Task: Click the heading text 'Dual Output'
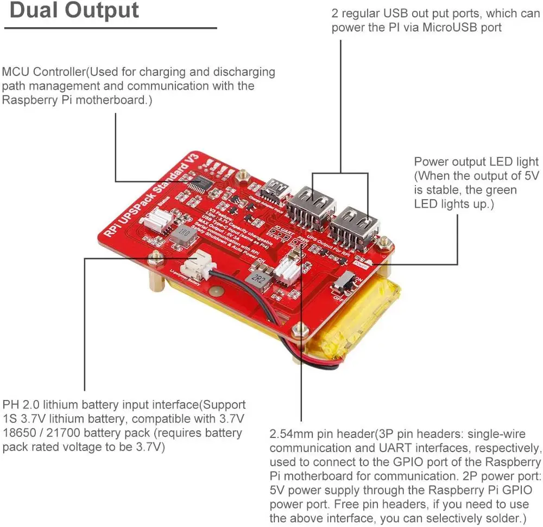(74, 10)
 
